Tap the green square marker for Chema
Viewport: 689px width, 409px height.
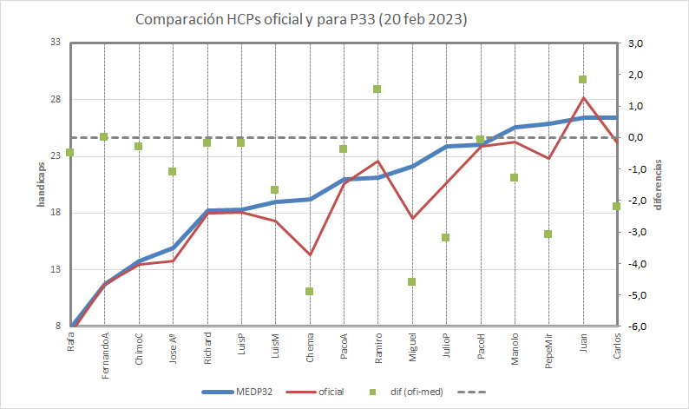pyautogui.click(x=309, y=291)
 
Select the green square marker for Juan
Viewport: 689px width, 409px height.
pyautogui.click(x=582, y=80)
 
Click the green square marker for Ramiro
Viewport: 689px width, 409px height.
pyautogui.click(x=377, y=89)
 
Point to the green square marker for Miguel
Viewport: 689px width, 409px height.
pyautogui.click(x=411, y=281)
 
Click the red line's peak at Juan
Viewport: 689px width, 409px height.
pyautogui.click(x=582, y=97)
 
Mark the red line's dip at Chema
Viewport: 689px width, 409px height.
pyautogui.click(x=309, y=254)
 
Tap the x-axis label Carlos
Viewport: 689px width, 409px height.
pyautogui.click(x=616, y=346)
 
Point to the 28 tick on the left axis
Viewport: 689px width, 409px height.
pyautogui.click(x=54, y=99)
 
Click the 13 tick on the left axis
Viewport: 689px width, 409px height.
pyautogui.click(x=54, y=270)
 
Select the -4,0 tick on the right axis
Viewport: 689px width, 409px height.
pyautogui.click(x=637, y=264)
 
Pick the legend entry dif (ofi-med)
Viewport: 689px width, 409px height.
pyautogui.click(x=417, y=392)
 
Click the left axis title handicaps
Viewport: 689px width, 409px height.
pyautogui.click(x=41, y=184)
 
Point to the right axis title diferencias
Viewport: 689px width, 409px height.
pyautogui.click(x=659, y=185)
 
